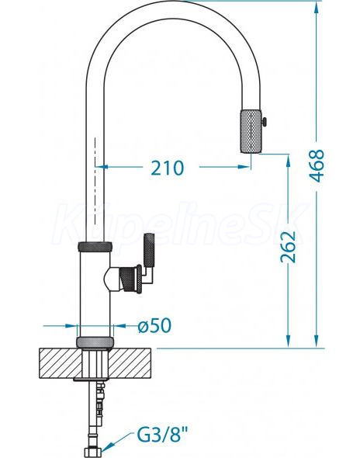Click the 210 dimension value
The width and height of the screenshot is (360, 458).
coord(168,168)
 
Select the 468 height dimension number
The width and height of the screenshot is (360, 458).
coord(317,165)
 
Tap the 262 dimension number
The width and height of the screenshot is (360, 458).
coord(288,247)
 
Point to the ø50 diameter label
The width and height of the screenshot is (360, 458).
coord(154,325)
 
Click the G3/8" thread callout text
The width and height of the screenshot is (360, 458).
coord(163,435)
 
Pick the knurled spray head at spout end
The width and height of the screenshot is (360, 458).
coord(251,131)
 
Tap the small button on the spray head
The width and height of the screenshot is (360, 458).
coord(265,122)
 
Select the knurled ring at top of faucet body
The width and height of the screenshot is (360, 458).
coord(95,247)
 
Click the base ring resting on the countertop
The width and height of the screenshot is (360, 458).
coord(95,342)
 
